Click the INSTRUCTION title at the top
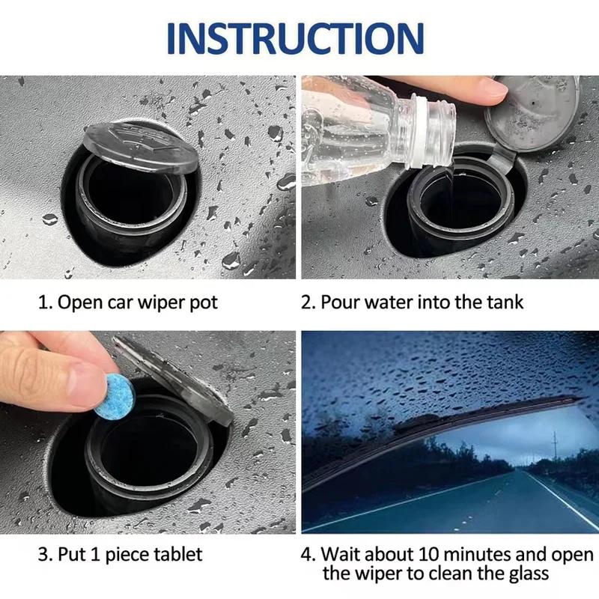pyautogui.click(x=299, y=37)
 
